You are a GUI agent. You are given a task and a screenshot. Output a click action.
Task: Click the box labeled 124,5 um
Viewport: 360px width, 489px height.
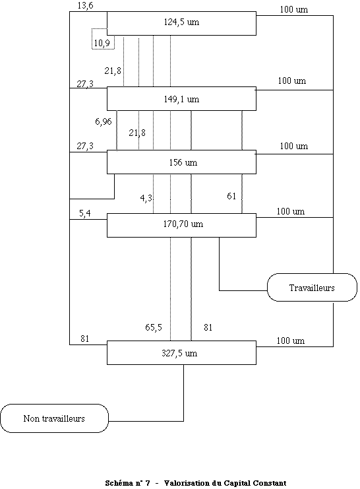181,23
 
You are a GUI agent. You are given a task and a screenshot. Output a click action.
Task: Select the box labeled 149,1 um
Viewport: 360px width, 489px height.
181,98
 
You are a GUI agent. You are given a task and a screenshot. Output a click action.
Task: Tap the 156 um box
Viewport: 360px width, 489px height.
181,162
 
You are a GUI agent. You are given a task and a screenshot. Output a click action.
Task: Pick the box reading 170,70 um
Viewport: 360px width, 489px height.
181,225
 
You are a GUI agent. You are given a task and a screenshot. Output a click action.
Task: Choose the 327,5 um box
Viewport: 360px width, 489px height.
181,352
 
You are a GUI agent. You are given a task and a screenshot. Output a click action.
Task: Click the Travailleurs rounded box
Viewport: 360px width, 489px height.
312,288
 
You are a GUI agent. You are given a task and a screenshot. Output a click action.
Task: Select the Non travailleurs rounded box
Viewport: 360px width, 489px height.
54,418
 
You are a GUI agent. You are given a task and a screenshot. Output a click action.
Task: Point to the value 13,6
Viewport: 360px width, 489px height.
86,6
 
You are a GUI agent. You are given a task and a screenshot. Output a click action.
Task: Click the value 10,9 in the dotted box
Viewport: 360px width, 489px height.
102,43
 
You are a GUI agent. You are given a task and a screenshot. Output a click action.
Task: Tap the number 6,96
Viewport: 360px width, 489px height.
104,121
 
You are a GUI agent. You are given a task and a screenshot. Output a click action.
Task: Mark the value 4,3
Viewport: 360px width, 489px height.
146,198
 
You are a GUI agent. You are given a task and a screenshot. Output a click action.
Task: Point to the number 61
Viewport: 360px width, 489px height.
231,196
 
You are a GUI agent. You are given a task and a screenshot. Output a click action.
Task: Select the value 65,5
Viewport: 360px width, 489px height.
154,327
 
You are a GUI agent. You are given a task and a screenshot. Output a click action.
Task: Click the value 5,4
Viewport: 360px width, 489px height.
85,214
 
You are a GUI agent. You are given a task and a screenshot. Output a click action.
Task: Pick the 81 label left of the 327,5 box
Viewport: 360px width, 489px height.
85,339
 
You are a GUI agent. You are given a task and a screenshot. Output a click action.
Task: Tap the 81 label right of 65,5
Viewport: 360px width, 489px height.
208,327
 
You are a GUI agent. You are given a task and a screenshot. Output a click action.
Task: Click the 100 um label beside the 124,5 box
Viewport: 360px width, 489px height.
294,9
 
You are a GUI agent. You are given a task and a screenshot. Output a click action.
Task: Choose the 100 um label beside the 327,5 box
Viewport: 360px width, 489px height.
291,341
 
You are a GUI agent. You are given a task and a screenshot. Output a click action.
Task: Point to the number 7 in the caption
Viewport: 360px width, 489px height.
148,483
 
